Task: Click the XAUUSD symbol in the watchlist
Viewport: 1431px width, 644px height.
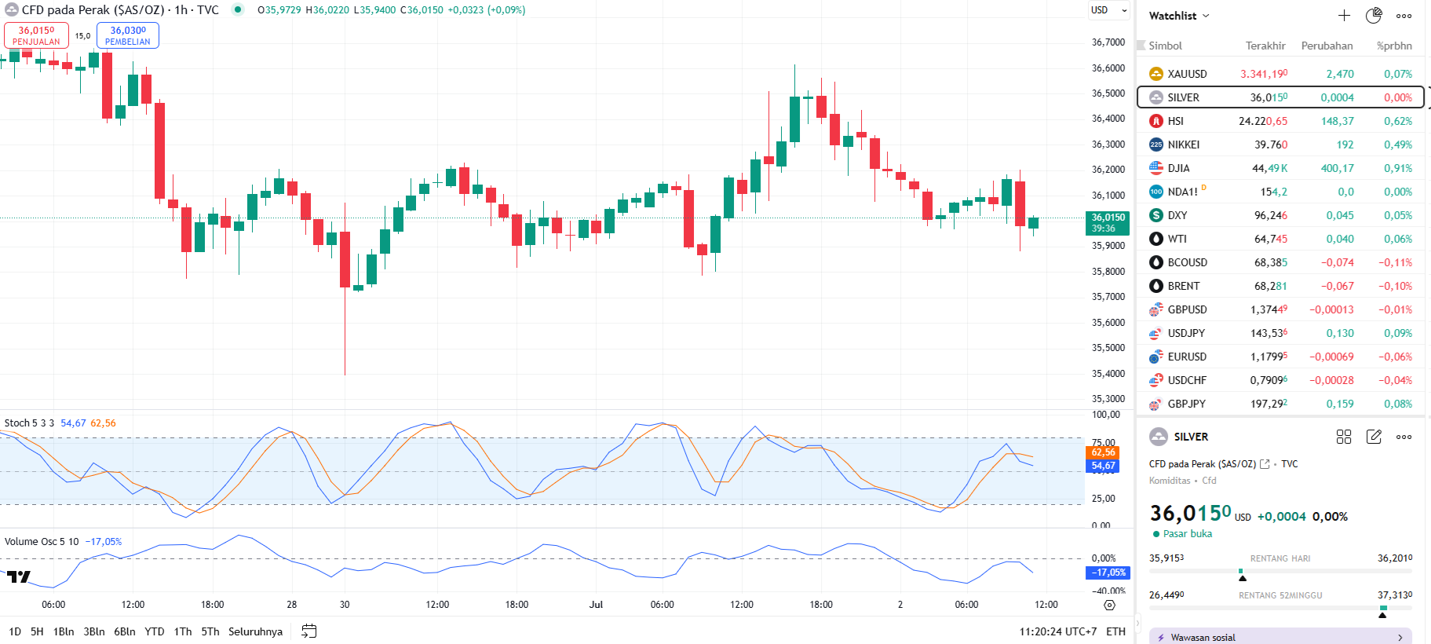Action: pos(1186,74)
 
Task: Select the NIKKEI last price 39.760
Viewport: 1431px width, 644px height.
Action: pos(1270,145)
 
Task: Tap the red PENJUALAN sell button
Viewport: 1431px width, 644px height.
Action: pos(36,35)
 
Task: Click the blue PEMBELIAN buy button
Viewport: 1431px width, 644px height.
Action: pos(127,35)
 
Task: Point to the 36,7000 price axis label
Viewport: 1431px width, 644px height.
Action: pos(1108,42)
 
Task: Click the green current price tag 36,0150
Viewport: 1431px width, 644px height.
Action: pos(1108,222)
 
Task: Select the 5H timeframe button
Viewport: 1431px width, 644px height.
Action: pos(37,631)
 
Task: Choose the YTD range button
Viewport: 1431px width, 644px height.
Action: pos(155,631)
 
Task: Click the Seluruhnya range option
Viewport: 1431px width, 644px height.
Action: pos(255,631)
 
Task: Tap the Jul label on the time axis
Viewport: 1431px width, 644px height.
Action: pos(596,605)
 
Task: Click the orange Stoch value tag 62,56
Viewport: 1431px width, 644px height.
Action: pos(1103,452)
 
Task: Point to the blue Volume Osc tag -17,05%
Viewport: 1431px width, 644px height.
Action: pos(1108,573)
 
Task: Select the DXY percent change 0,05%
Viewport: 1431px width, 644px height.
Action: pos(1397,215)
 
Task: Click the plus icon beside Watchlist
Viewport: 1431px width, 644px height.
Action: pos(1344,16)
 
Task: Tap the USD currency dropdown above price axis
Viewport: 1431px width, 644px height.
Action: pos(1108,10)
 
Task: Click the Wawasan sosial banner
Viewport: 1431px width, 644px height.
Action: pos(1280,637)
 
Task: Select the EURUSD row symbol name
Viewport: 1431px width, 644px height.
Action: pos(1186,357)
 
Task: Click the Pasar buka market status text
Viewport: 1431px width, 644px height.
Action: pos(1187,534)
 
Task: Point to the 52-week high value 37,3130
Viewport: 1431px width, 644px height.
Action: pos(1394,595)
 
